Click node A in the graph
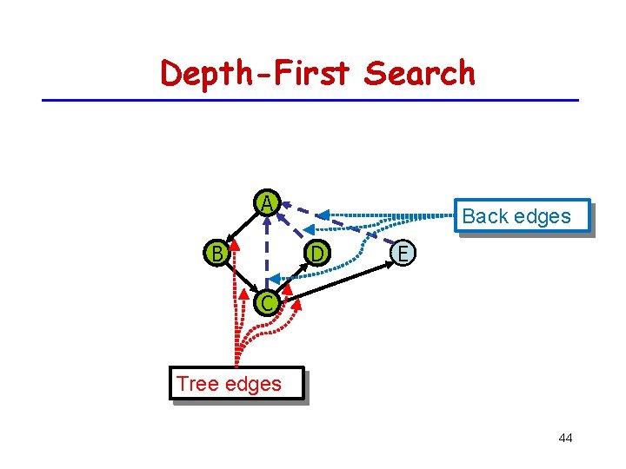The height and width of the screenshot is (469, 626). (266, 202)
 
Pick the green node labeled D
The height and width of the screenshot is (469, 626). (317, 253)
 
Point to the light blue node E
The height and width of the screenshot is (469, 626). (401, 253)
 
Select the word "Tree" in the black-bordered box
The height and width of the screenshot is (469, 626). (196, 383)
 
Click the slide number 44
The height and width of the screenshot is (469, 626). (565, 438)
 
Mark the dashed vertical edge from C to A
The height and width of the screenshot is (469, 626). (266, 252)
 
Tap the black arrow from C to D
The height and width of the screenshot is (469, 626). (294, 277)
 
